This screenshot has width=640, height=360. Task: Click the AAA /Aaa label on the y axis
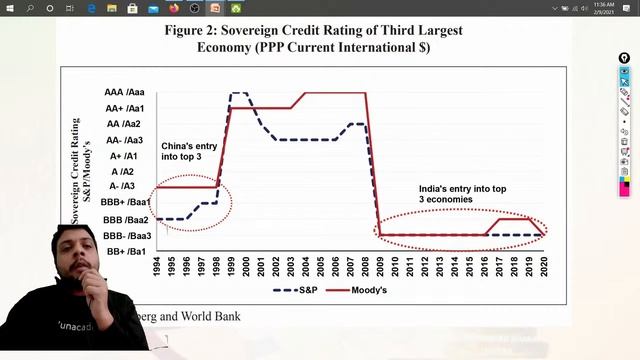click(127, 92)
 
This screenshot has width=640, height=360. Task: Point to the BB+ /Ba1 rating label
click(127, 252)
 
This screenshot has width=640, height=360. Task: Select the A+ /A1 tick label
click(130, 156)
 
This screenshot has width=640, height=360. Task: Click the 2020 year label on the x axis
click(544, 268)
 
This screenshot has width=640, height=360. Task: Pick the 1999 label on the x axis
click(230, 268)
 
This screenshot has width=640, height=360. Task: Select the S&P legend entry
click(299, 290)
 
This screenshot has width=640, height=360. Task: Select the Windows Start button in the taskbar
click(8, 8)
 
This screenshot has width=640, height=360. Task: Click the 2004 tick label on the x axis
click(304, 268)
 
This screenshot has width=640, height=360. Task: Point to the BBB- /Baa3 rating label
click(127, 236)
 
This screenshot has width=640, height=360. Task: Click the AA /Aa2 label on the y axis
click(129, 124)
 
